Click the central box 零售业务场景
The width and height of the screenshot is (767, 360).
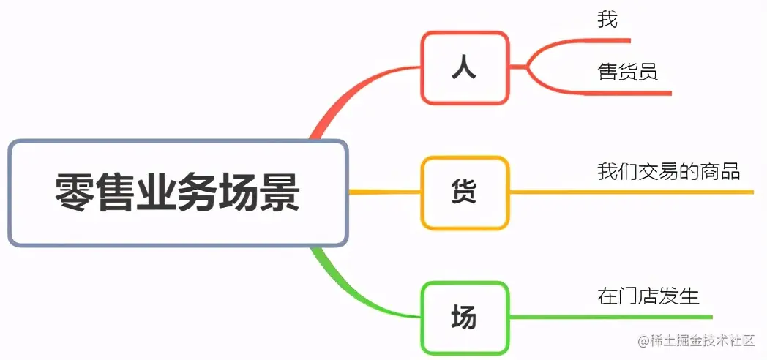point(177,192)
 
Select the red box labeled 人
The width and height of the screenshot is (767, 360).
point(465,67)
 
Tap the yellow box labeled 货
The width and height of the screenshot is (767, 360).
point(465,192)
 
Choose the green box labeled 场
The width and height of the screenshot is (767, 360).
point(465,318)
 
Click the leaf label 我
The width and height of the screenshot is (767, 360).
point(607,20)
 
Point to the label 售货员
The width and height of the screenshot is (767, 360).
point(627,72)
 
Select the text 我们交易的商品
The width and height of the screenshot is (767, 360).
point(668,172)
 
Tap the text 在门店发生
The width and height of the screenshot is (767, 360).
point(648,296)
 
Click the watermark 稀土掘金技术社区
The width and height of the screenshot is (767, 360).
point(695,341)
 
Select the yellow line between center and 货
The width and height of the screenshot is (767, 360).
point(384,192)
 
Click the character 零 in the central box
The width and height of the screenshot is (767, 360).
point(75,192)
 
